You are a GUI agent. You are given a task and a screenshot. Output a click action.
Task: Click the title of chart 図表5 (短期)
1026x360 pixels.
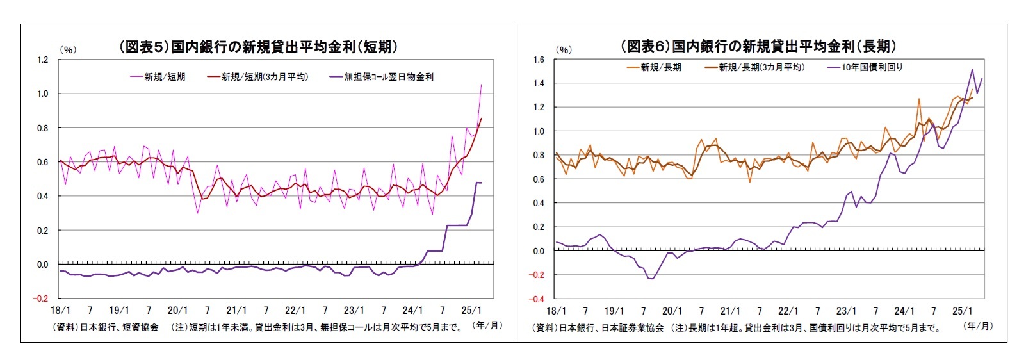tap(258, 47)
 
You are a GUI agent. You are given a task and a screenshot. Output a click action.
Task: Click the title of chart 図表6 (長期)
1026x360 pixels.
tap(758, 46)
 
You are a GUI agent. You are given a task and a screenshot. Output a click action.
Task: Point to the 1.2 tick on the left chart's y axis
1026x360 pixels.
tap(43, 60)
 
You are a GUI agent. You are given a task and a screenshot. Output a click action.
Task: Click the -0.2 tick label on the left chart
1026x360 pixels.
tap(40, 299)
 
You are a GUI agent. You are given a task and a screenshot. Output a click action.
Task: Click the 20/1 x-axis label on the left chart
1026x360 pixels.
tap(177, 311)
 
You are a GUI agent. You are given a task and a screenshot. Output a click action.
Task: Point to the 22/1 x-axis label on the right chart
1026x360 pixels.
tap(788, 311)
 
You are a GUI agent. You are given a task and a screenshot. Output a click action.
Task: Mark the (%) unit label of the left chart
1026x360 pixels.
tap(67, 50)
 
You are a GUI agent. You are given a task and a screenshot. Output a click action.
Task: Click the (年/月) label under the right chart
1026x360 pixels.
tap(978, 326)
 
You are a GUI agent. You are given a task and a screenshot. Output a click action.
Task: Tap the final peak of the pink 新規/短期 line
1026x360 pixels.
tap(481, 85)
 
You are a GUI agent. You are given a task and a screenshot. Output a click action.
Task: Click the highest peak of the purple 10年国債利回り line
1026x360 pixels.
tap(972, 69)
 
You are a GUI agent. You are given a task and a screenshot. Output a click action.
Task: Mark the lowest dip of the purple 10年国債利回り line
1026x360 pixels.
tap(652, 278)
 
